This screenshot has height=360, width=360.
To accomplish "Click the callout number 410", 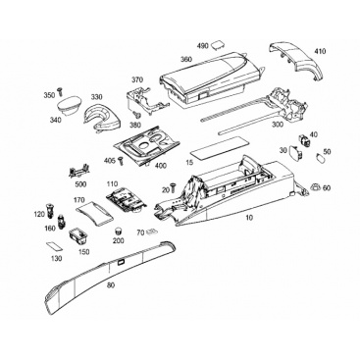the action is click(320, 51).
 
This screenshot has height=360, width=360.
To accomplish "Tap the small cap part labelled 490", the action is click(217, 45).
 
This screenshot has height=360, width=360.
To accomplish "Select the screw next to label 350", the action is click(60, 92).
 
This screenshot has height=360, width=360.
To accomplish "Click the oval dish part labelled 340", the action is click(69, 106).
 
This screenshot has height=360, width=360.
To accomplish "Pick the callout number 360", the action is click(186, 60).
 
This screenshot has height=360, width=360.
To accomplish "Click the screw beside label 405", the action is click(121, 160).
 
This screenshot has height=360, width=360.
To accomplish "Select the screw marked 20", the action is click(173, 189).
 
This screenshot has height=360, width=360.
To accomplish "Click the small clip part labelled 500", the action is click(78, 172).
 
